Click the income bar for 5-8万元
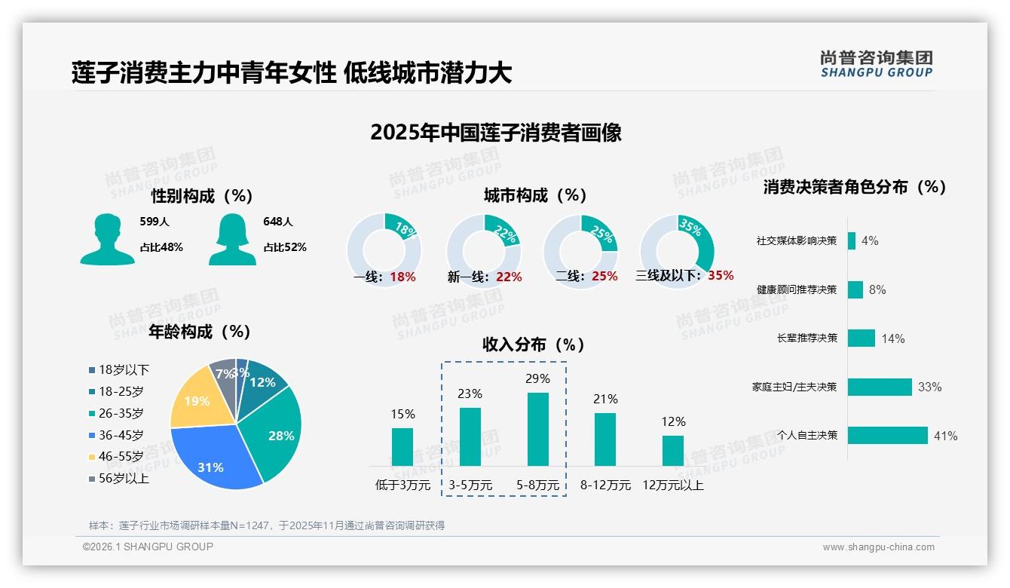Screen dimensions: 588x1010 (x=537, y=429)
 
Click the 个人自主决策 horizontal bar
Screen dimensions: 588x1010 (x=887, y=436)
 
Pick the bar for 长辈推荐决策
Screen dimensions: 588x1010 (x=861, y=338)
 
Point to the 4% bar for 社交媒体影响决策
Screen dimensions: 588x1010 (x=852, y=240)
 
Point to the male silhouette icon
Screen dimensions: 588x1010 (x=107, y=240)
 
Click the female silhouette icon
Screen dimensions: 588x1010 (x=232, y=240)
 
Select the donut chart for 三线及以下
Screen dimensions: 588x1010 (x=676, y=250)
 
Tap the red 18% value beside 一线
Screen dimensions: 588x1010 (x=402, y=277)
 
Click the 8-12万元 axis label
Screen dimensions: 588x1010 (x=605, y=485)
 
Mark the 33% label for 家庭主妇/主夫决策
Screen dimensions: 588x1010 (x=929, y=387)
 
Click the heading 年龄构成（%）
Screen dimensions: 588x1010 (x=200, y=332)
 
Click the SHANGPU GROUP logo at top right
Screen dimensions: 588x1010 (x=876, y=64)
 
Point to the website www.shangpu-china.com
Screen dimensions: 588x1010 (x=878, y=547)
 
